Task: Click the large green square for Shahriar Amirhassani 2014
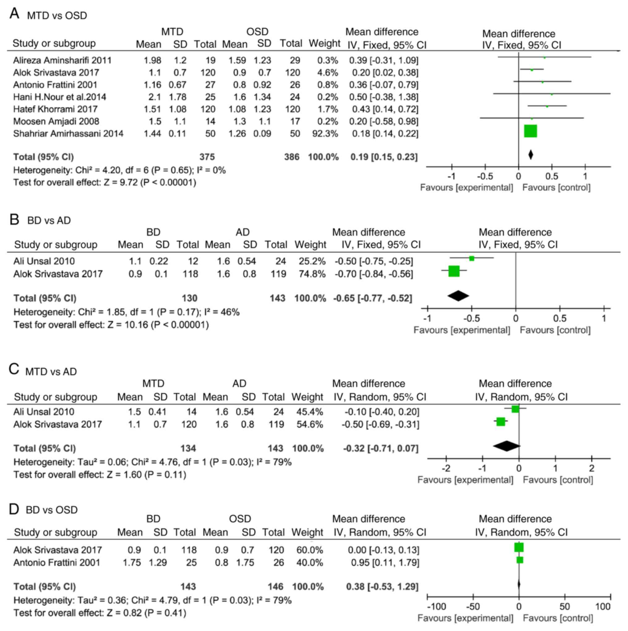tap(530, 131)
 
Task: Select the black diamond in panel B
tap(458, 296)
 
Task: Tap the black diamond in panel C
tap(506, 446)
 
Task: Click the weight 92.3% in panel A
tap(325, 134)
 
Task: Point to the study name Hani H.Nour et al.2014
tap(59, 97)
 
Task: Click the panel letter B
tap(14, 220)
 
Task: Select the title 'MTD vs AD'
tap(51, 372)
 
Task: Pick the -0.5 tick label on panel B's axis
tap(472, 318)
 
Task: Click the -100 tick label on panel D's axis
tap(436, 607)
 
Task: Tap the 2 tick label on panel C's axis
tap(592, 469)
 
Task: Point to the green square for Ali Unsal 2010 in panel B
tap(472, 259)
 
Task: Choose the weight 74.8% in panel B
tap(312, 274)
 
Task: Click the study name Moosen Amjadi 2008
tap(56, 122)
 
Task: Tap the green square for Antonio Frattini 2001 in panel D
tap(520, 560)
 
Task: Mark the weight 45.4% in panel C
tap(310, 412)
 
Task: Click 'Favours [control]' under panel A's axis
tap(556, 187)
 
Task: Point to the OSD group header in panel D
tap(240, 519)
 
